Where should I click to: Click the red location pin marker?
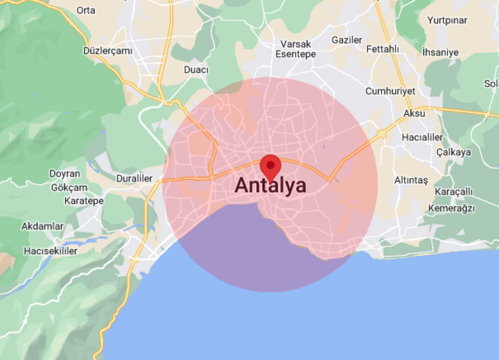tap(271, 166)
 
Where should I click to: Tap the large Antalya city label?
tap(271, 186)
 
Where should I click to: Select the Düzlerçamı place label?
tap(108, 51)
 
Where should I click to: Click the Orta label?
tap(86, 10)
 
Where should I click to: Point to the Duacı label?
tap(196, 70)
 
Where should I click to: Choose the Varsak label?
tap(296, 44)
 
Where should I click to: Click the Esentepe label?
tap(296, 54)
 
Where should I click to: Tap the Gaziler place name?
tap(347, 40)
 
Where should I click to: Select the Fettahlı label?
tap(383, 49)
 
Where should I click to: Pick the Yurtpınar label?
tap(447, 20)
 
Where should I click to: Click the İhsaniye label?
tap(440, 52)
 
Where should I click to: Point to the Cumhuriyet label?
tap(390, 91)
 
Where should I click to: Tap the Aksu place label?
tap(414, 113)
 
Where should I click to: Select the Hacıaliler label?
tap(422, 137)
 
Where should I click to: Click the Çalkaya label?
tap(454, 152)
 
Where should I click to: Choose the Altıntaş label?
tap(411, 180)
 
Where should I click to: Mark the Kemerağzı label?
tap(451, 208)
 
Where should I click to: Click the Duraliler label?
tap(134, 178)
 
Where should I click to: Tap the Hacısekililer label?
tap(51, 251)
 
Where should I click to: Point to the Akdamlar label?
tap(42, 226)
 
